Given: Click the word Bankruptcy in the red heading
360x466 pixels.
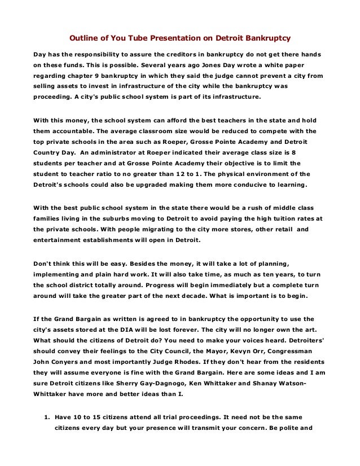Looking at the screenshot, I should click(265, 39).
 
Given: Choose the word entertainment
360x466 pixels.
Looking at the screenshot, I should click(55, 232).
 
